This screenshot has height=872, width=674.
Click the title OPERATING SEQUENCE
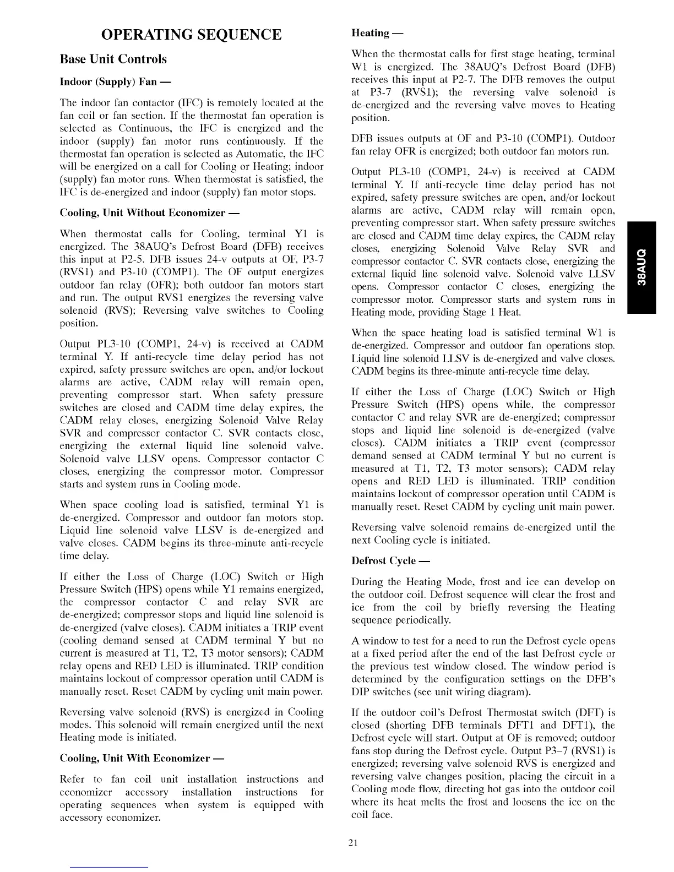[191, 35]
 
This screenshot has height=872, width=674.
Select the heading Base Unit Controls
[113, 59]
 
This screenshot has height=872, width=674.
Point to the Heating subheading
[377, 33]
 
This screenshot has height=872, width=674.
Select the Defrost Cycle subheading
[390, 561]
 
